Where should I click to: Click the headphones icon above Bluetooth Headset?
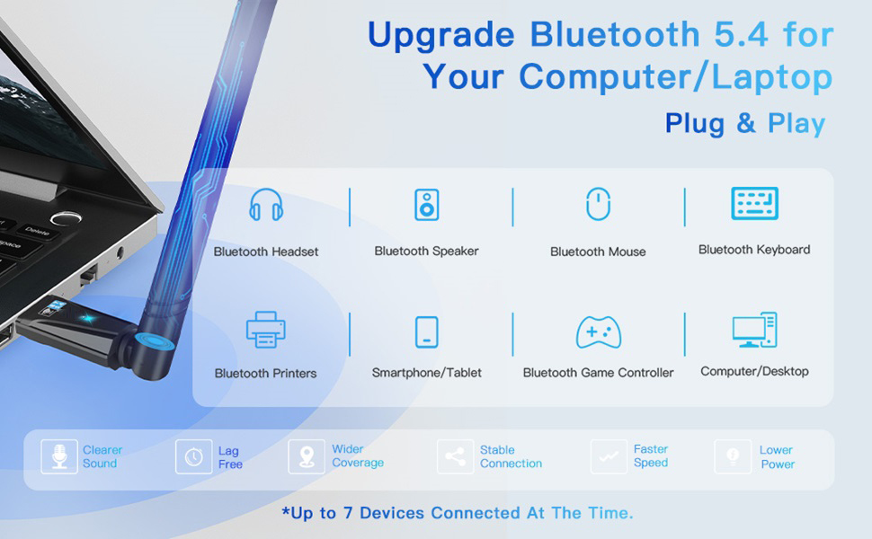[266, 206]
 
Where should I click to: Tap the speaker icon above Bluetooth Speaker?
[426, 205]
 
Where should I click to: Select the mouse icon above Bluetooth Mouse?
[598, 204]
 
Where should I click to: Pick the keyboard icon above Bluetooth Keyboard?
[754, 204]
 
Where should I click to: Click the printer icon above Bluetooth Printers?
[266, 330]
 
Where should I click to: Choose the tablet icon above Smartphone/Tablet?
[427, 331]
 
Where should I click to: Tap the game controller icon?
[598, 332]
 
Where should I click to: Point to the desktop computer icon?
[754, 331]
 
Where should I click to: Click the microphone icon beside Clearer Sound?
[59, 456]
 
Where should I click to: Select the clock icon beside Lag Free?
[193, 456]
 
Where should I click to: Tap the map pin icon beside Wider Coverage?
[307, 456]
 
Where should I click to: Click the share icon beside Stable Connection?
[455, 456]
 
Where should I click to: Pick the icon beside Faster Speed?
[609, 456]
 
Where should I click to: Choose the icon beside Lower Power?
[733, 456]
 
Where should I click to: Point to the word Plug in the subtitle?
[695, 123]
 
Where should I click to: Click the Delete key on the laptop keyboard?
[37, 231]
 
